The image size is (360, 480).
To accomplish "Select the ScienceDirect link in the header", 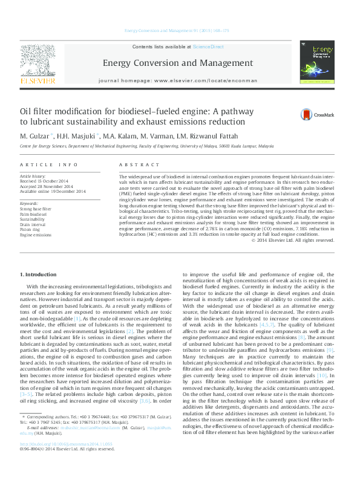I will [x=209, y=47].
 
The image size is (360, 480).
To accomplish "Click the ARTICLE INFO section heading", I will [x=49, y=164].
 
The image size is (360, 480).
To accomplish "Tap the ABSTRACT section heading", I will [x=134, y=164].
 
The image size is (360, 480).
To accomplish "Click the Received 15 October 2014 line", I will [x=50, y=181].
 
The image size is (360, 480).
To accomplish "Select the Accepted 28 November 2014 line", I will [x=51, y=186].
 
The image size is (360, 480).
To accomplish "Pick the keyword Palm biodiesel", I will [x=33, y=214].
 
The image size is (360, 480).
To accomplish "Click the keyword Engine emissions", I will [x=36, y=235].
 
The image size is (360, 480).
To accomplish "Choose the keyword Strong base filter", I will [x=36, y=209].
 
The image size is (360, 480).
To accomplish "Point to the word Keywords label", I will [x=29, y=203].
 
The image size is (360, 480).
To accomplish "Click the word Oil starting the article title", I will [x=27, y=111].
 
